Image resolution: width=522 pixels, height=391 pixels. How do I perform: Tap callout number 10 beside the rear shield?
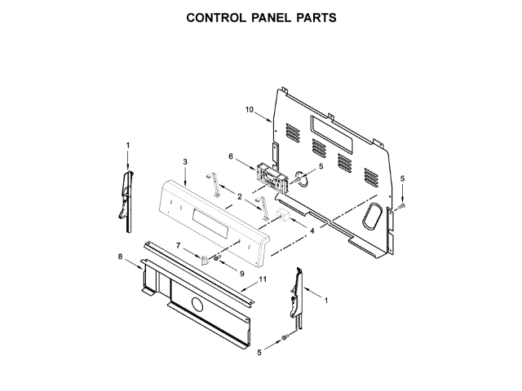(x=250, y=109)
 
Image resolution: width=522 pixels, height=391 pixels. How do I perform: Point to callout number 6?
(x=231, y=156)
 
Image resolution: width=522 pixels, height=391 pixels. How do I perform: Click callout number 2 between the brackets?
(x=239, y=196)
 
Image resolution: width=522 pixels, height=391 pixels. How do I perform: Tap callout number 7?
(x=179, y=244)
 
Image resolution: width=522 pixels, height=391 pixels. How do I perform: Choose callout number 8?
(x=120, y=257)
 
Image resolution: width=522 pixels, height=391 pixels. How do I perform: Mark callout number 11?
(x=263, y=280)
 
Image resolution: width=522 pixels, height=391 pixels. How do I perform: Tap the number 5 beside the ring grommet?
(x=321, y=166)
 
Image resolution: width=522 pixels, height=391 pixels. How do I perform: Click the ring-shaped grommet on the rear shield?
(x=302, y=177)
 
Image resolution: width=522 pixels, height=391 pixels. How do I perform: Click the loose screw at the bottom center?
(x=283, y=337)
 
